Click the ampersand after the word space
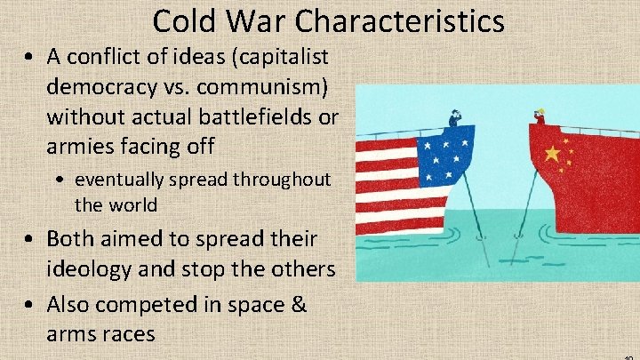(x=298, y=304)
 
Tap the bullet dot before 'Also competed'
(x=30, y=305)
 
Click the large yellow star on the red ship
(x=552, y=154)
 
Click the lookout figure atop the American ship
(x=456, y=116)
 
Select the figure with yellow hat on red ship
(x=539, y=115)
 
